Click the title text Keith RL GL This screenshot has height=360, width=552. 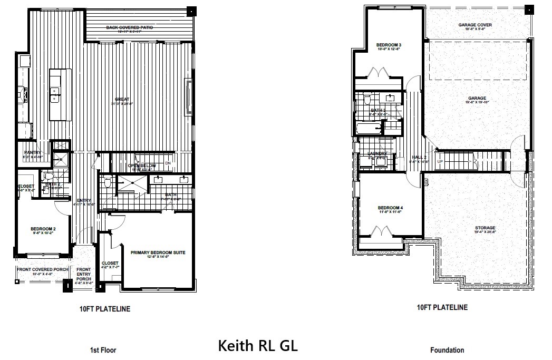(258, 346)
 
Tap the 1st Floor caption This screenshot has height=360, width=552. (103, 350)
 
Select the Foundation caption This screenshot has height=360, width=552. (447, 350)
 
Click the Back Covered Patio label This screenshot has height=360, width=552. (129, 27)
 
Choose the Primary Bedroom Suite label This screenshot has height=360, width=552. (158, 253)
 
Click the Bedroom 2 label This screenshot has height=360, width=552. (43, 229)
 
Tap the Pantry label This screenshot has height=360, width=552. (33, 152)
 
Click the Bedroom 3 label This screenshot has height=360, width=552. (389, 45)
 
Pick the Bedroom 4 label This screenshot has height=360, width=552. (391, 209)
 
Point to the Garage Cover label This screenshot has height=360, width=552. (475, 25)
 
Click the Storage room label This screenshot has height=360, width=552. (485, 228)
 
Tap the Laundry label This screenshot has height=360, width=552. (377, 153)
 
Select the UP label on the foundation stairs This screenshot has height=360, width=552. (439, 161)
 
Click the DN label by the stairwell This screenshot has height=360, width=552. (169, 163)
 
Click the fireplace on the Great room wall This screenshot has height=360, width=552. (189, 98)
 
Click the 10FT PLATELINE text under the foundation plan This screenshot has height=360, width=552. (442, 307)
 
